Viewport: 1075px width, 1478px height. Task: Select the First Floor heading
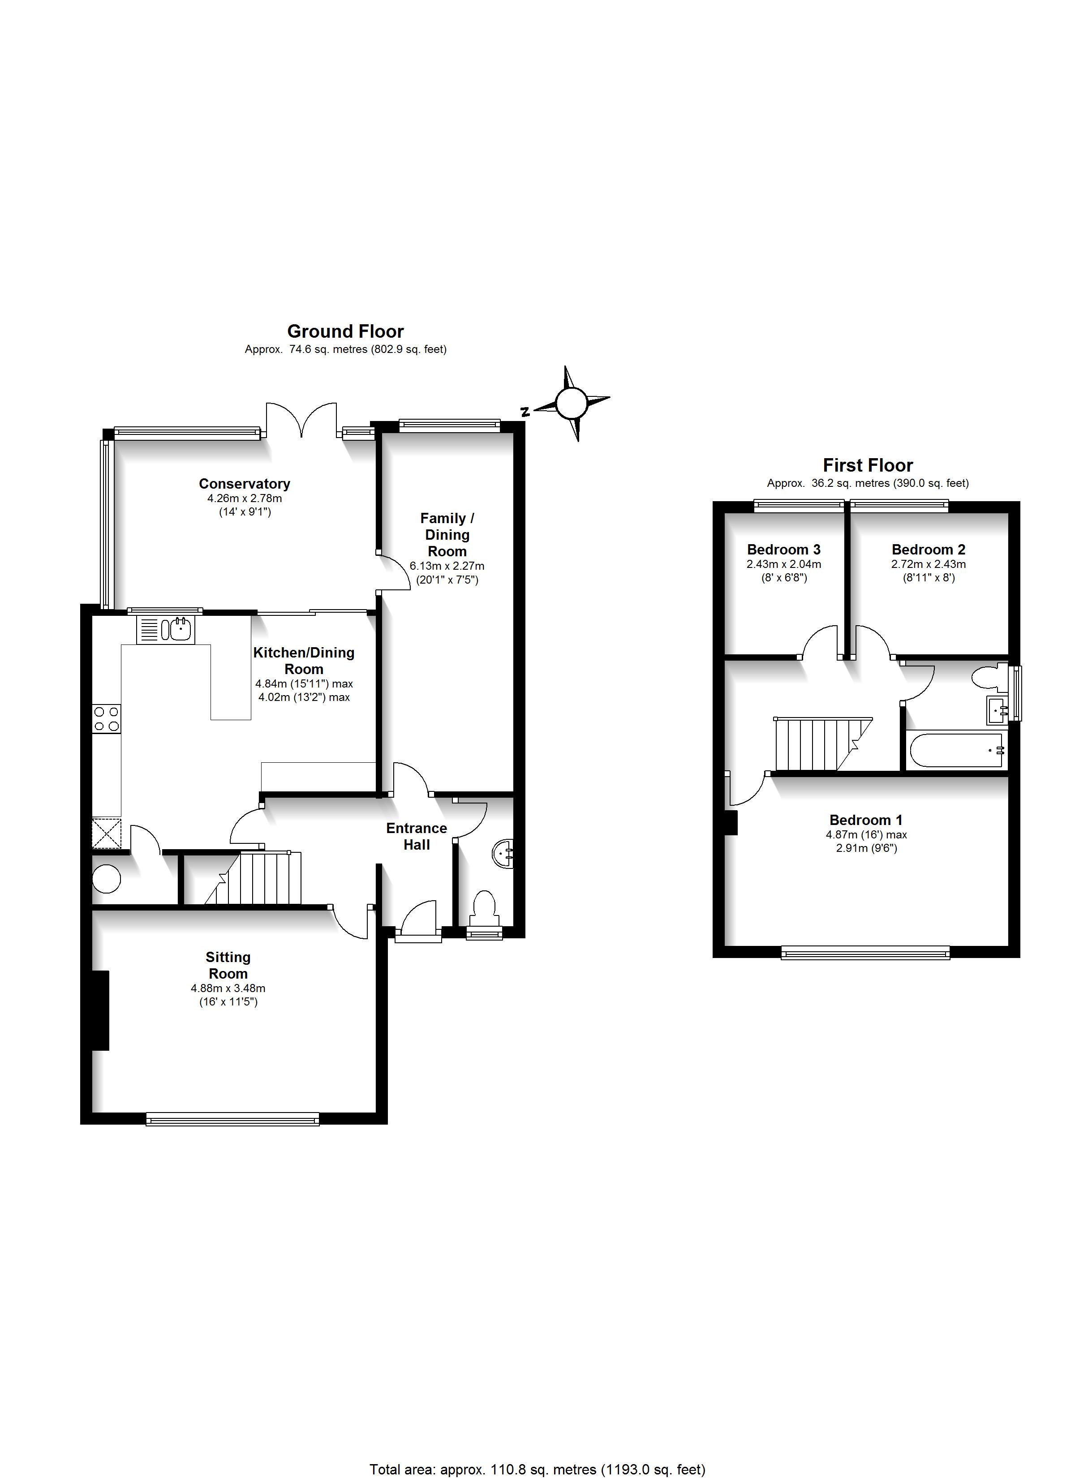tap(868, 465)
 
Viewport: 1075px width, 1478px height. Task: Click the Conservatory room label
tap(245, 484)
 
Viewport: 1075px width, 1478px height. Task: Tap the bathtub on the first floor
tap(956, 750)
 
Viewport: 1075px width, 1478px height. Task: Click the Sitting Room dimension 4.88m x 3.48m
tap(228, 988)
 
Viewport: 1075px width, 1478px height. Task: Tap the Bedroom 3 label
tap(783, 550)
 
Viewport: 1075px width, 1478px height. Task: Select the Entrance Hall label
tap(417, 836)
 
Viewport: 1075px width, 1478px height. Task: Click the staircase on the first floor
tap(823, 744)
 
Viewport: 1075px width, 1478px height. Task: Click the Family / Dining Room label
tap(447, 534)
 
